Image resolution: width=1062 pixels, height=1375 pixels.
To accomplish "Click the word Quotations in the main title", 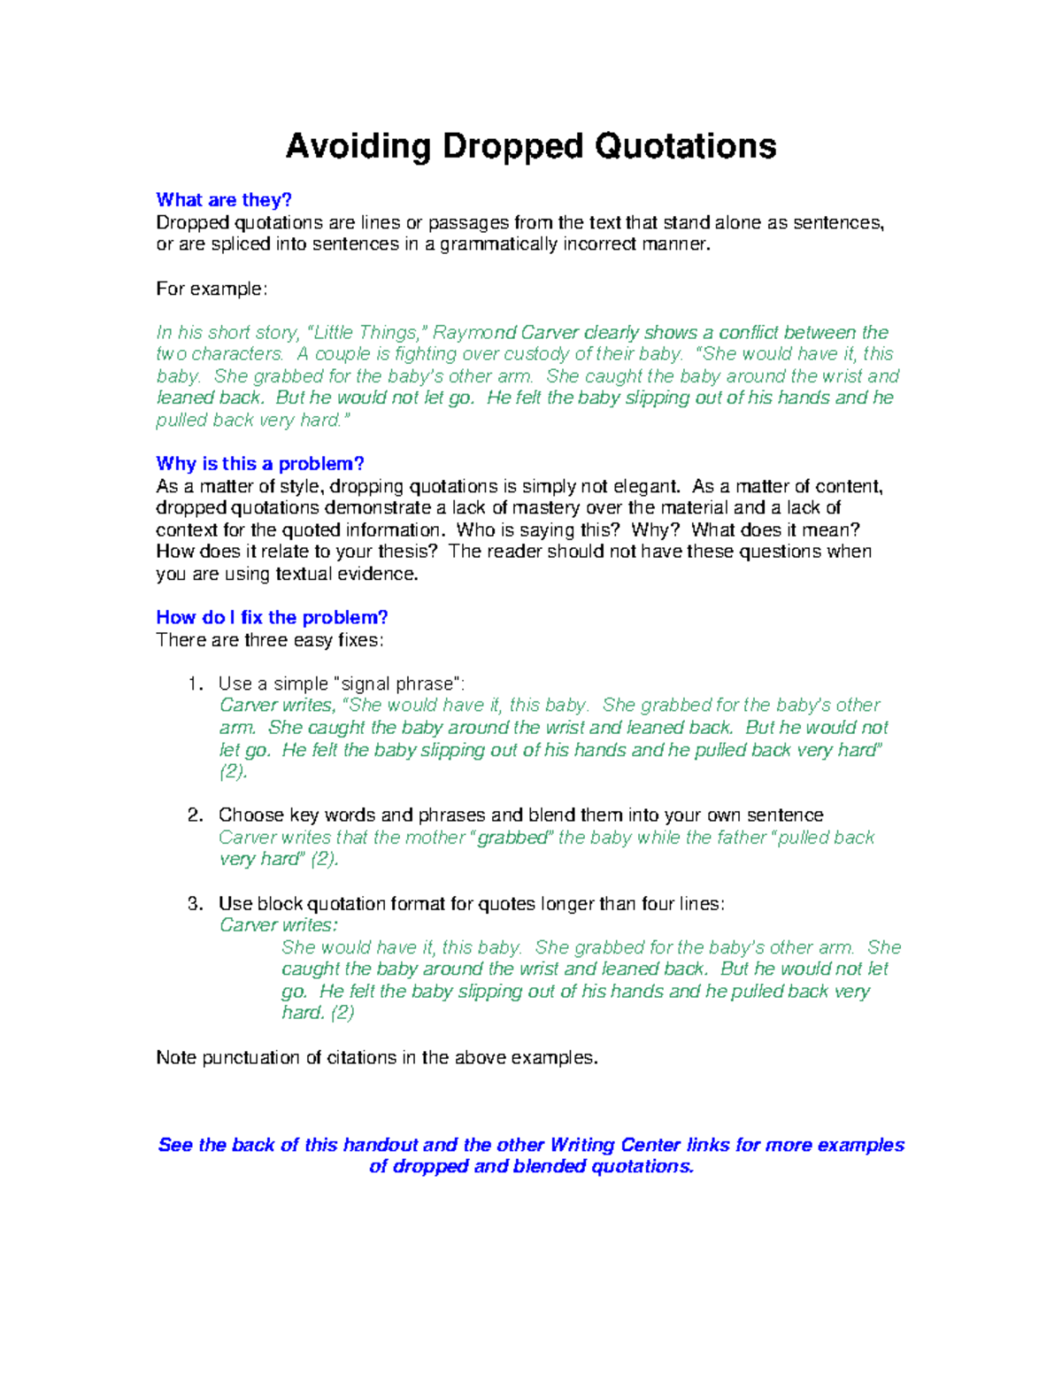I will click(685, 147).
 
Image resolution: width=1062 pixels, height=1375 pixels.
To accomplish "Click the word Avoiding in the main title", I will click(358, 147).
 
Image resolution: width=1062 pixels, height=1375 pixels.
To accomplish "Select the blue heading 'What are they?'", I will click(224, 200).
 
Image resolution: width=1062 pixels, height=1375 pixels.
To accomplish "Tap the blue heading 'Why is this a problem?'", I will click(260, 464).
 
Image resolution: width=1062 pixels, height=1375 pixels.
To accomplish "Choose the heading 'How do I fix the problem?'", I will click(272, 618).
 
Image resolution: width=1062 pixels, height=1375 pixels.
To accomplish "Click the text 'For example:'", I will click(211, 290).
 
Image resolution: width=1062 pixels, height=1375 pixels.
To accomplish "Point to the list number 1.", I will click(195, 684).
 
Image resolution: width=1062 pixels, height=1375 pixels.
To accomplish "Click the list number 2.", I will click(195, 815).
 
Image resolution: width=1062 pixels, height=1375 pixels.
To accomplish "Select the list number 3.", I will click(195, 904).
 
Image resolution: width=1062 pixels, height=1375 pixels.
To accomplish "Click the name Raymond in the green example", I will click(474, 333).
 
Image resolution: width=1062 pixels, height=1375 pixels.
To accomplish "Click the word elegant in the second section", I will click(647, 487).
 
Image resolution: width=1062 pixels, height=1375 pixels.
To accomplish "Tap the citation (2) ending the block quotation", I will click(342, 1013).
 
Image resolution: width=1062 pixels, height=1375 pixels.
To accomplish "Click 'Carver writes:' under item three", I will click(278, 925).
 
